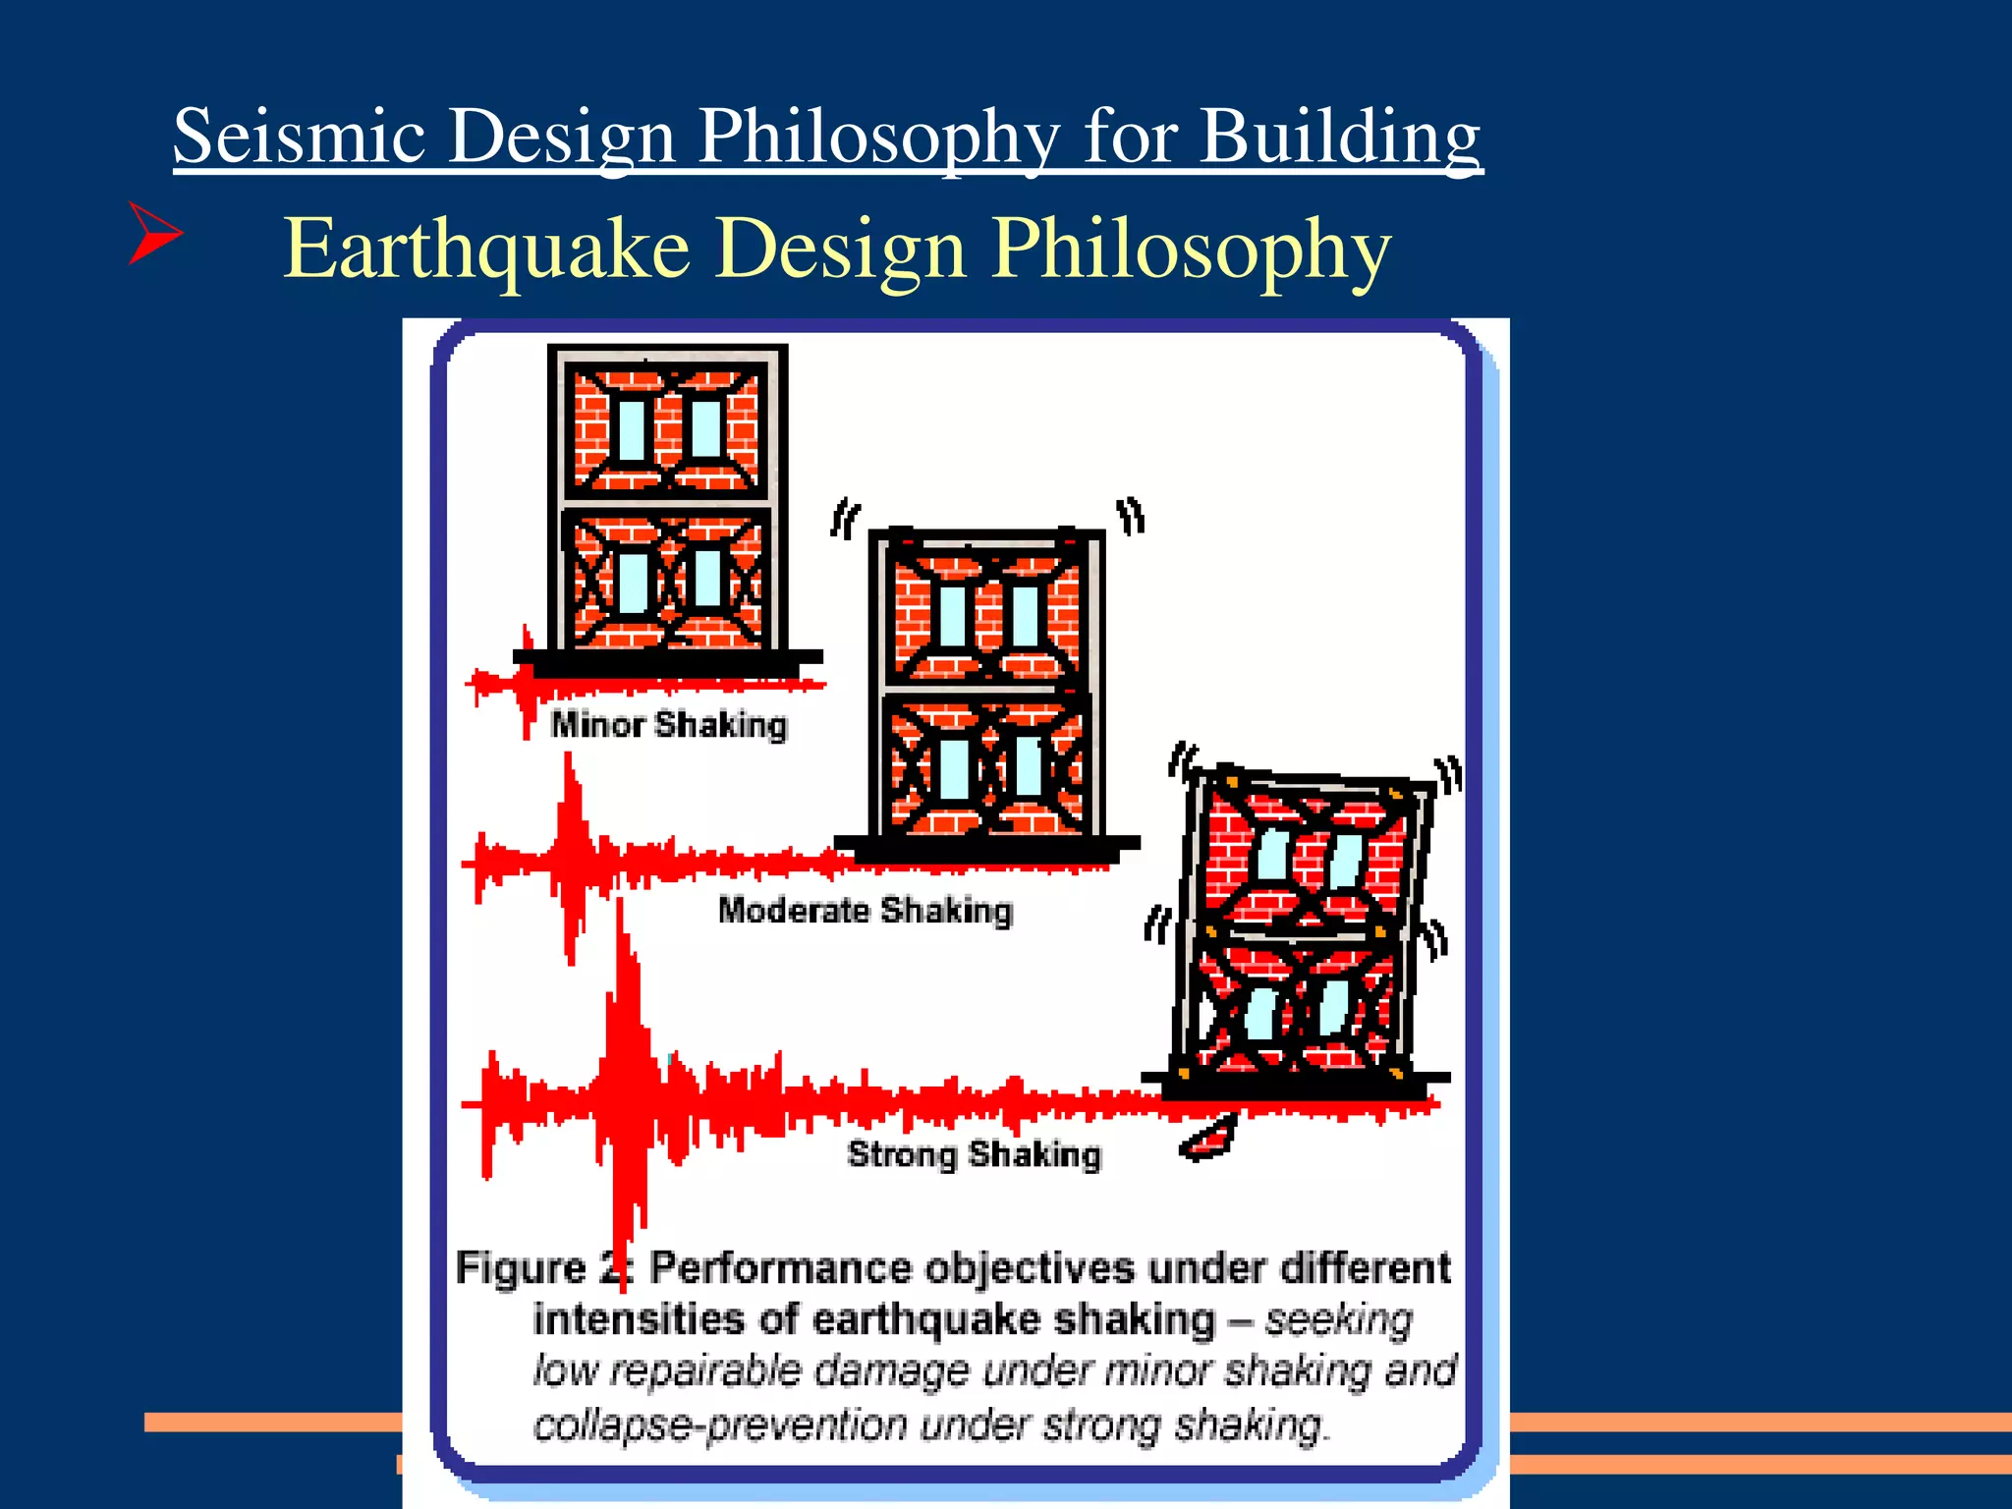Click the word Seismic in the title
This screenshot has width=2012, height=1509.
click(x=299, y=136)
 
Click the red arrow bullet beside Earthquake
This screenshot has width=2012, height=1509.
click(x=154, y=233)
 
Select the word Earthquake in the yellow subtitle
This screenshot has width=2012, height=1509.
click(x=486, y=250)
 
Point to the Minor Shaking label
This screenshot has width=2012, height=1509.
click(x=669, y=725)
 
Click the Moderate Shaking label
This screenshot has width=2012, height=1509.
click(x=866, y=911)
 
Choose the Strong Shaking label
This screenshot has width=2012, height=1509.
click(x=974, y=1154)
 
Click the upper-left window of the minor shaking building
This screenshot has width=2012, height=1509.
click(x=631, y=429)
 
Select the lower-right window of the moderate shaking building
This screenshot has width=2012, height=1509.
click(x=1028, y=766)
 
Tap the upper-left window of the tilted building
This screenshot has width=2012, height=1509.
click(x=1274, y=855)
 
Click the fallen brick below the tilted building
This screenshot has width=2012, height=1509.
click(x=1207, y=1140)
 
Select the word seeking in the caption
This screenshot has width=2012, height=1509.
click(x=1338, y=1320)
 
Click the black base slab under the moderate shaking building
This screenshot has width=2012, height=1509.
click(x=986, y=845)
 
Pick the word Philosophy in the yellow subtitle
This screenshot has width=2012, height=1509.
click(x=1191, y=250)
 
